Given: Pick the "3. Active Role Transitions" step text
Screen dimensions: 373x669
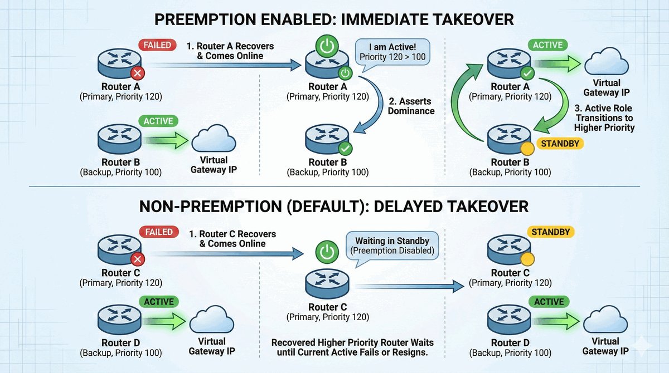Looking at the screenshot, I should [605, 117].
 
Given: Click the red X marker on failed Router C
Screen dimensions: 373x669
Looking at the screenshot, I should [136, 259].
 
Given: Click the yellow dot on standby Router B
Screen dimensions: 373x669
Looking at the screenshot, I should [526, 149].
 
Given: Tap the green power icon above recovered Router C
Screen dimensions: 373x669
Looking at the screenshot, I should [327, 252].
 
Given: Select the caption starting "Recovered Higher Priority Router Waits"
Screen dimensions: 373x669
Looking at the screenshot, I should [352, 347].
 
